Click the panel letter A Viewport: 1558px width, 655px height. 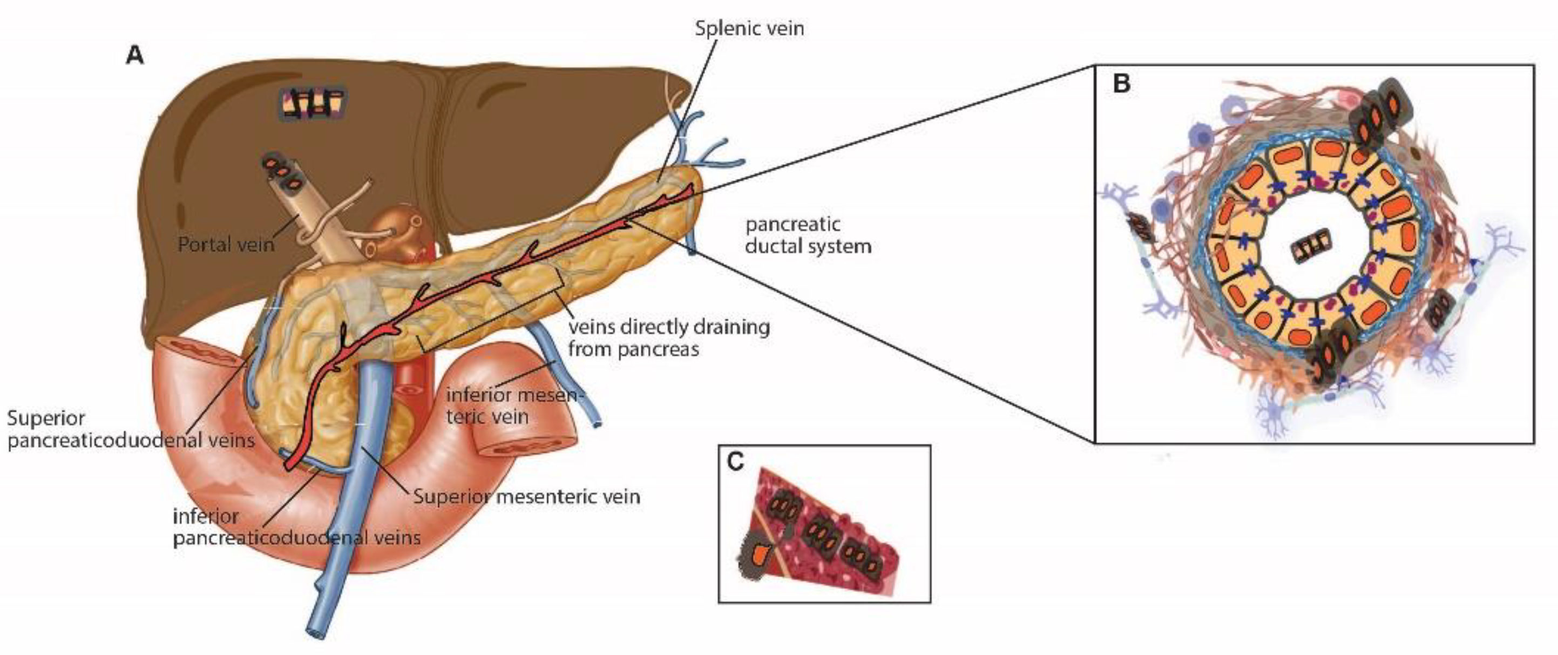pos(134,56)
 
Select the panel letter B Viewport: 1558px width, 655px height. pos(1121,84)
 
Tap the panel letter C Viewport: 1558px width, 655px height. pos(735,462)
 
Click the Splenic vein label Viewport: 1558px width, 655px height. pos(749,29)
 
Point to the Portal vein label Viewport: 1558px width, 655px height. pos(226,244)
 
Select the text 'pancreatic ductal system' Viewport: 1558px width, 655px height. pos(808,235)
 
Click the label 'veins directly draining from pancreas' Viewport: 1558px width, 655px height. pos(668,337)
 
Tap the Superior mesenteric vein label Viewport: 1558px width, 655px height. pos(526,497)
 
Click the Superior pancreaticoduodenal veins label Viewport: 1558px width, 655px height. pos(130,429)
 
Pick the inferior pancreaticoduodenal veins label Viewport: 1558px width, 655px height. pos(296,527)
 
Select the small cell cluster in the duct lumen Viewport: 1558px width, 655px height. pos(1310,246)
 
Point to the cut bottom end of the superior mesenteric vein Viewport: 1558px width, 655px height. pos(316,632)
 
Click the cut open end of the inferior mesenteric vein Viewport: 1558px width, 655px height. pos(598,425)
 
